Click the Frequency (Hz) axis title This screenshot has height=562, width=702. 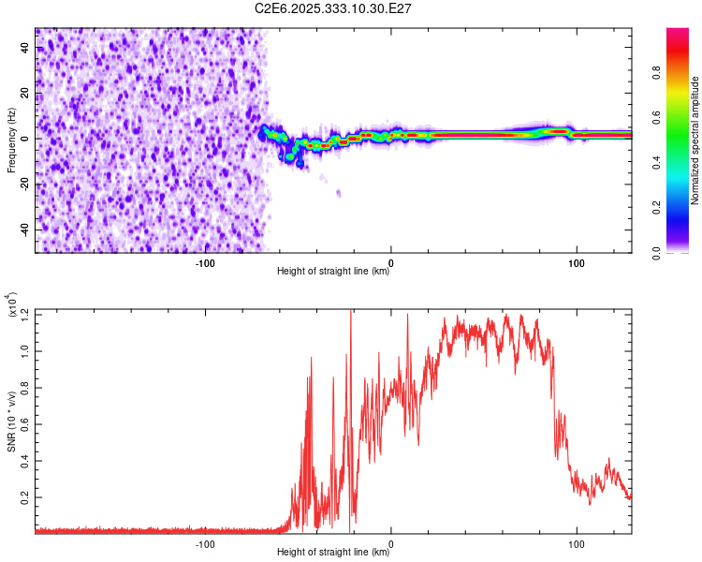coord(11,140)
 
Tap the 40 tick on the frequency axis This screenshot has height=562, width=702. coord(24,47)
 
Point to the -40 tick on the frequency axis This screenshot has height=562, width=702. coord(22,229)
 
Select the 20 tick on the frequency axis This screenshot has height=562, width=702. coord(24,93)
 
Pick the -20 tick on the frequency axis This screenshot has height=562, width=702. coord(22,184)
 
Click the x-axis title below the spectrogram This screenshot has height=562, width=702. coord(333,272)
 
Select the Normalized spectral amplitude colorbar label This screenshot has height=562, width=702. coord(695,140)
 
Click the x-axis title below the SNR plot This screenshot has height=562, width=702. coord(333,553)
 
